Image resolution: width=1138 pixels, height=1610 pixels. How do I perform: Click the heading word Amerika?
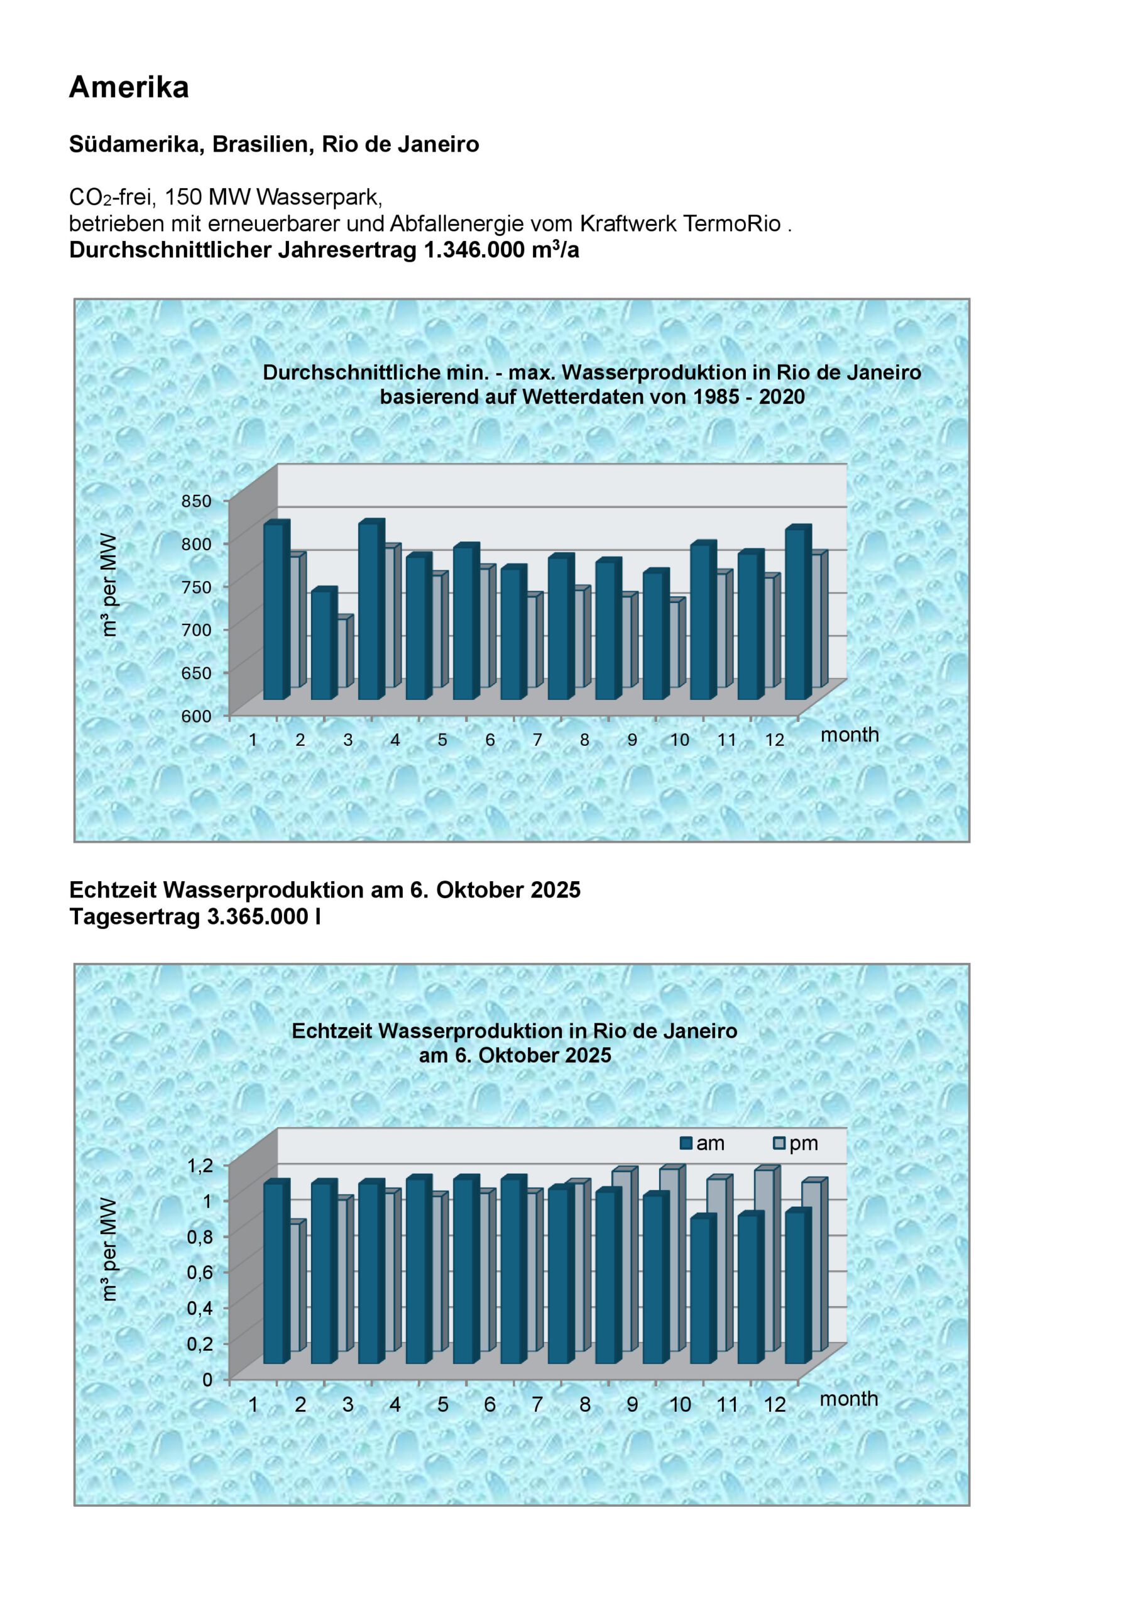[129, 87]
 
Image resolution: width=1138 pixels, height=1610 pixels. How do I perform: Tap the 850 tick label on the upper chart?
[197, 501]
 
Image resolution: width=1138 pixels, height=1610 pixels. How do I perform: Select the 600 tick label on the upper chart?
[197, 716]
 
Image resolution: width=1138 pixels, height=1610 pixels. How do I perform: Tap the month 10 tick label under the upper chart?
[680, 740]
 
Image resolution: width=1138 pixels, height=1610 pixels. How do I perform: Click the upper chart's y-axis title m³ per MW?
[109, 585]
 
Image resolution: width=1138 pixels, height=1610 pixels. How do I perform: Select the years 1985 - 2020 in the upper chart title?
[749, 397]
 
